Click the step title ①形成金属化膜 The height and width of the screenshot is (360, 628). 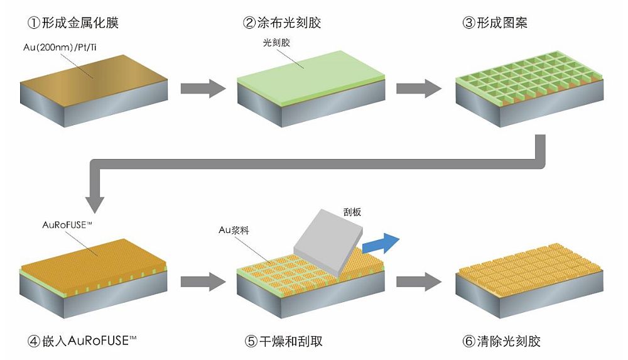[73, 23]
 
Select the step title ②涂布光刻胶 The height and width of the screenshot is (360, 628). [282, 23]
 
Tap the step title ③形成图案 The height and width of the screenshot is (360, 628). [495, 23]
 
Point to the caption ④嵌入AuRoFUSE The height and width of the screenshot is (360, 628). [82, 341]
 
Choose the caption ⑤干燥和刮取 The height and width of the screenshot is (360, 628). [283, 341]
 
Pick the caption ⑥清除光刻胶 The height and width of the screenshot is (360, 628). [501, 341]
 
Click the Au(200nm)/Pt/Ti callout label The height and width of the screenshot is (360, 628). [60, 47]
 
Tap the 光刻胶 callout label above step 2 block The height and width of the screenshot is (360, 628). [276, 43]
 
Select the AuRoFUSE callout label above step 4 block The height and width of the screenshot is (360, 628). [67, 225]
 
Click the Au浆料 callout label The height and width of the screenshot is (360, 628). [234, 230]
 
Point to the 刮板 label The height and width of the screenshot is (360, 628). [352, 212]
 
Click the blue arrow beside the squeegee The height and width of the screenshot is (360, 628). [381, 243]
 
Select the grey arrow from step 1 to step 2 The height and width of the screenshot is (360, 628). [203, 89]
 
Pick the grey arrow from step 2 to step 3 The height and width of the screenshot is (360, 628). [419, 89]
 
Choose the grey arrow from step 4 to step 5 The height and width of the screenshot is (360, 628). [203, 282]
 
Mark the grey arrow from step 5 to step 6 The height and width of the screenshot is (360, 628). [419, 282]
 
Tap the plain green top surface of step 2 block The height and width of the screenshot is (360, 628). [311, 73]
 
